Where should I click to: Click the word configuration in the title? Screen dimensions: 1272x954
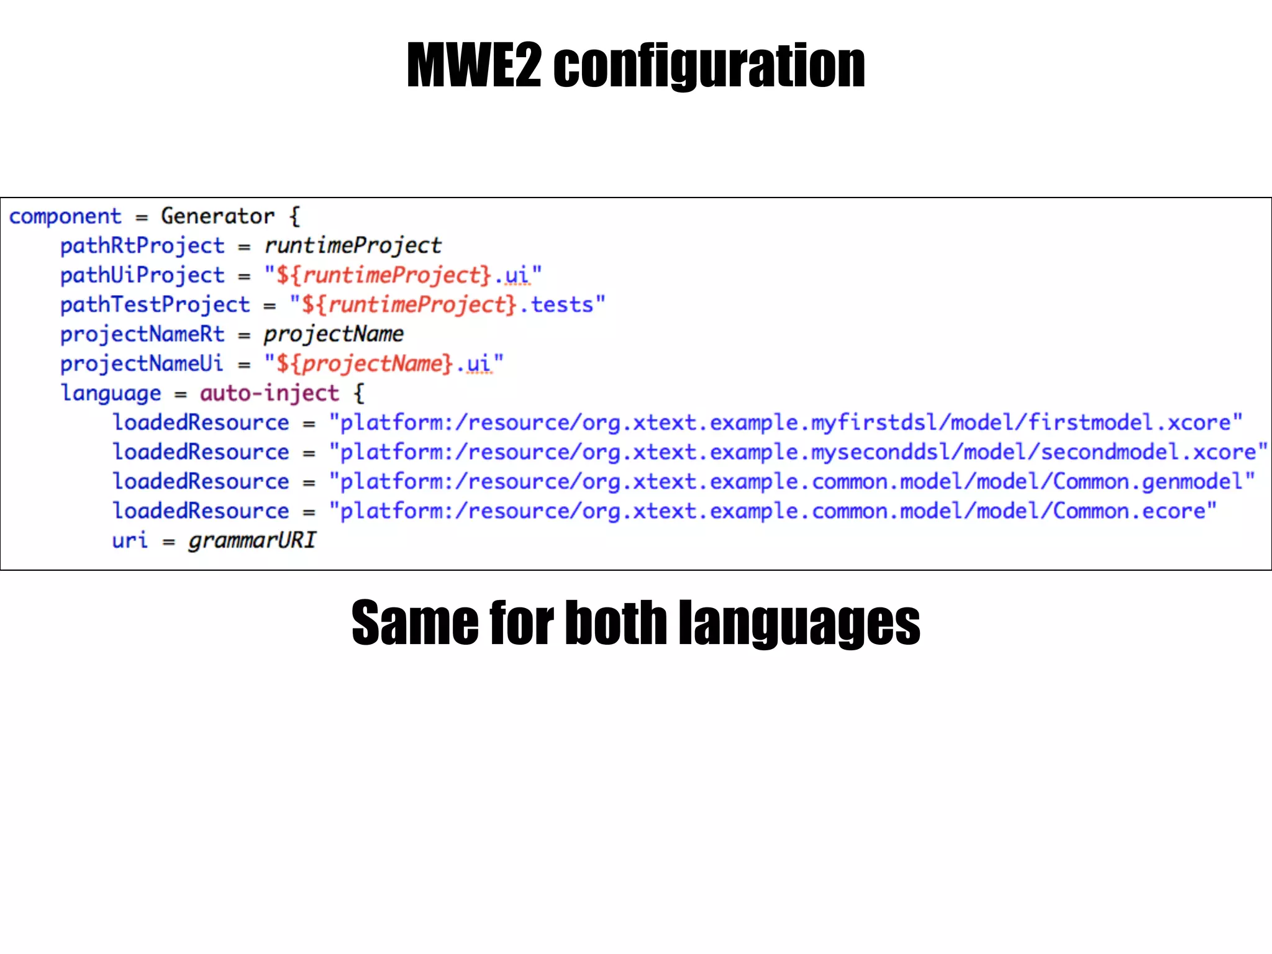(x=709, y=66)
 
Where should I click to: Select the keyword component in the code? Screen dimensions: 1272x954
(x=65, y=216)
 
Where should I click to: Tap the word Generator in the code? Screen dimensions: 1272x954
(x=217, y=216)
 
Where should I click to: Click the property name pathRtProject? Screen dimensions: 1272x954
(x=142, y=246)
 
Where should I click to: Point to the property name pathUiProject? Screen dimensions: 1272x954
(x=142, y=275)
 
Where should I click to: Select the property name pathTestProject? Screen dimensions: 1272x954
(x=155, y=305)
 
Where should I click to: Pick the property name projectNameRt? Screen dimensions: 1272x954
(x=142, y=334)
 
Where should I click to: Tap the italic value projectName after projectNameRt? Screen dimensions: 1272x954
(x=334, y=334)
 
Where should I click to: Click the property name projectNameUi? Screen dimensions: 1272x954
(x=142, y=364)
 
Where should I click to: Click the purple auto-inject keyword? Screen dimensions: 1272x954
(x=270, y=393)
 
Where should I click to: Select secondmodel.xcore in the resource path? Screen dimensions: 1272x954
(x=1148, y=452)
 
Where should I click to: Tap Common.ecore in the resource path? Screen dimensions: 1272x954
(x=1129, y=511)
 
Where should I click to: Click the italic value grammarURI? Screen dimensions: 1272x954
(x=252, y=540)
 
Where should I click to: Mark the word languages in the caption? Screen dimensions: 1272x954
(x=799, y=622)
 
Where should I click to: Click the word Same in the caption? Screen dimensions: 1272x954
(x=415, y=622)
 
